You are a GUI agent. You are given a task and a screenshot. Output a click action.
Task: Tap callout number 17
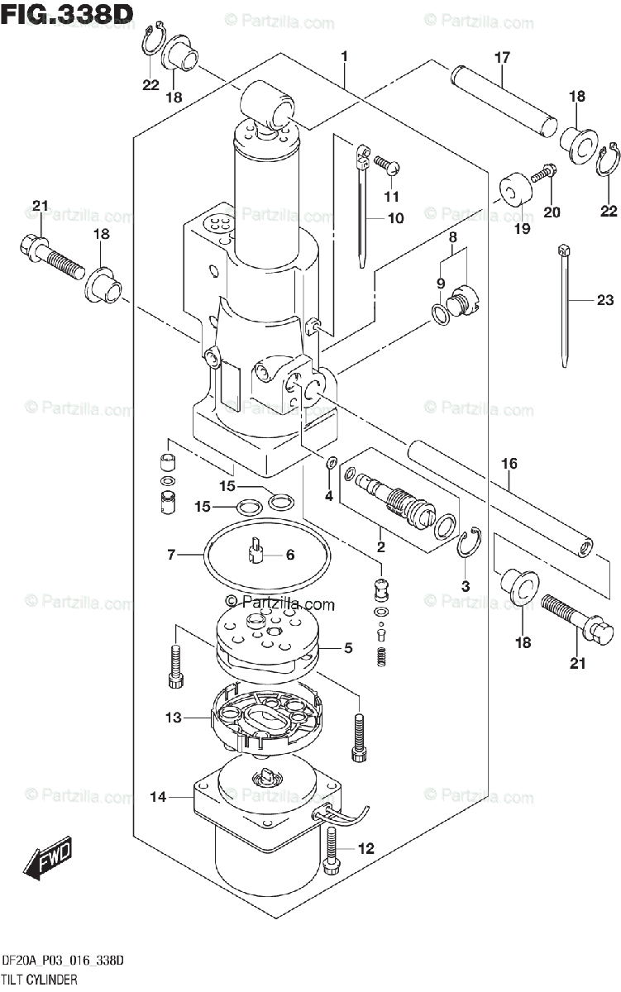pyautogui.click(x=502, y=58)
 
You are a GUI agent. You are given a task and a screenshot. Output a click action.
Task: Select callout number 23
pyautogui.click(x=605, y=300)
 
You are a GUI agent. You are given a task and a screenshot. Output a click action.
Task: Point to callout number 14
pyautogui.click(x=158, y=797)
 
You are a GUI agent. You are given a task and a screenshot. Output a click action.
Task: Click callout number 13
pyautogui.click(x=173, y=718)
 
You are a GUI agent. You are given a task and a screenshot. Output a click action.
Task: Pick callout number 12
pyautogui.click(x=365, y=848)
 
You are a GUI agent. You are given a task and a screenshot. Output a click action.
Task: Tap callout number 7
pyautogui.click(x=171, y=555)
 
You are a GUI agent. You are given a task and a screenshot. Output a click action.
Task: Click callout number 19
pyautogui.click(x=523, y=228)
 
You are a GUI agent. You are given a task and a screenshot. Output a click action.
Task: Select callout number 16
pyautogui.click(x=509, y=464)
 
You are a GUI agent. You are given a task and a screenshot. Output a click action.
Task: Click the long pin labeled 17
pyautogui.click(x=504, y=102)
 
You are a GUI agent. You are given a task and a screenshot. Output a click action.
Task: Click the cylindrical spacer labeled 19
pyautogui.click(x=516, y=190)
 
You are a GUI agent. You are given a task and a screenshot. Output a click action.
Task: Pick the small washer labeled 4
pyautogui.click(x=331, y=463)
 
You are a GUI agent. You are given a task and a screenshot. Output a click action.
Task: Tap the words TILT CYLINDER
pyautogui.click(x=40, y=980)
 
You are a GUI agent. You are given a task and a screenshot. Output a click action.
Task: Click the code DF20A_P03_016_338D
pyautogui.click(x=63, y=961)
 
